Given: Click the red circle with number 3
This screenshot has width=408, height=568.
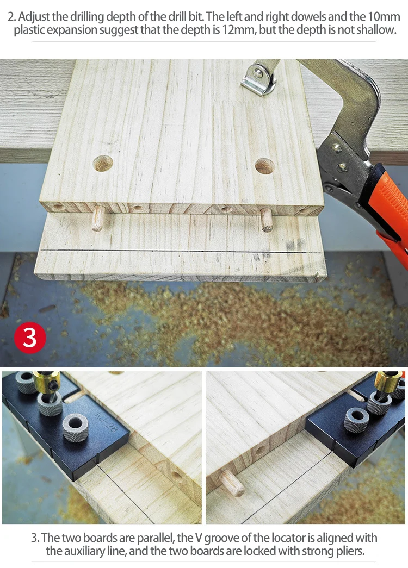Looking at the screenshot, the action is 30,338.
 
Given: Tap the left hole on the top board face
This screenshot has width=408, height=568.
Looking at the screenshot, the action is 103,164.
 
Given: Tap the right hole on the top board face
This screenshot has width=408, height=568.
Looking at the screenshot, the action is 265,166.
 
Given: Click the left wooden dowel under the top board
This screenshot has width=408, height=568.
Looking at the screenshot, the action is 97,218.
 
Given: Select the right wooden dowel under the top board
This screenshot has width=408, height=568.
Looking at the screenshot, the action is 267,220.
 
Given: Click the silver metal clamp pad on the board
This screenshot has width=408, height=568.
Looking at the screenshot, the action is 258,78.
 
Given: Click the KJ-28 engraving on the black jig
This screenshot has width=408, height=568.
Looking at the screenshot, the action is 107,421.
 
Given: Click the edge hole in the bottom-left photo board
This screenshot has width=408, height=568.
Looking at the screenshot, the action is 177,476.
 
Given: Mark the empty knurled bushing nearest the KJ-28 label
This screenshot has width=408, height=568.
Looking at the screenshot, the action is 76,427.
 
